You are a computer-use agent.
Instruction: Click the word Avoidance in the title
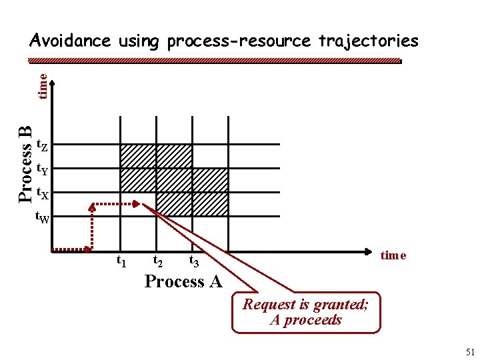70,41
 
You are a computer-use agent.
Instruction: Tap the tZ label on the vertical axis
41,145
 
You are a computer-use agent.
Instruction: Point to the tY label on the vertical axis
41,169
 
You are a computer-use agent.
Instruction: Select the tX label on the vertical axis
41,194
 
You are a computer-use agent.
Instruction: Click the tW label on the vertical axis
42,217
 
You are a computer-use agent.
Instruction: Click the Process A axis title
183,282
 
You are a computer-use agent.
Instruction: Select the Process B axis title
25,164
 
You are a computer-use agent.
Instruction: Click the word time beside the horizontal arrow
393,256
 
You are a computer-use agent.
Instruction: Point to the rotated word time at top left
42,86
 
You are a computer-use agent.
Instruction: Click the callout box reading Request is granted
305,312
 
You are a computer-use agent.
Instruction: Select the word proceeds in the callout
316,320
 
